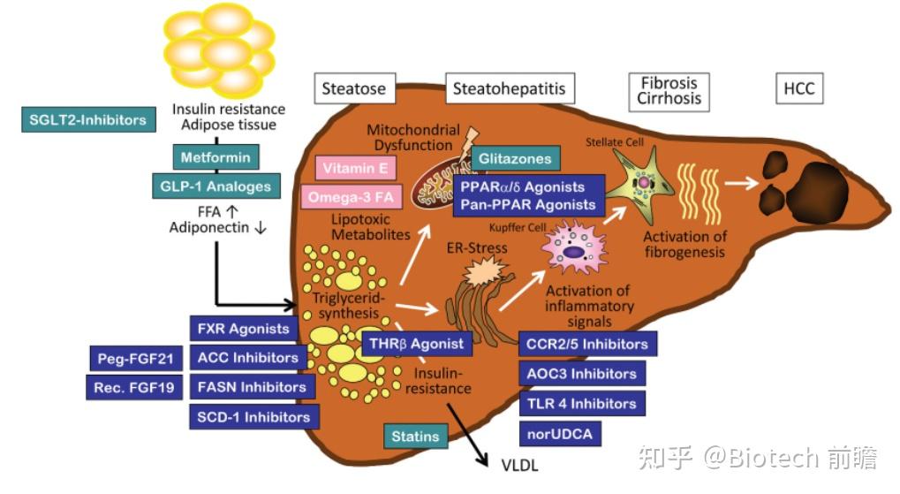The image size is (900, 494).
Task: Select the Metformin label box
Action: click(x=216, y=158)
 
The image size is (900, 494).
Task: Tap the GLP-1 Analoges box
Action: click(x=215, y=186)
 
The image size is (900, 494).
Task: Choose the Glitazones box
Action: click(x=516, y=159)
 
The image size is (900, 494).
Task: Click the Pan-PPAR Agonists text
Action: click(x=528, y=205)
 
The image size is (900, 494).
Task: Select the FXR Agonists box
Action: click(x=244, y=329)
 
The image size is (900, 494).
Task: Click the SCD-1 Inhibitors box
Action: click(x=253, y=416)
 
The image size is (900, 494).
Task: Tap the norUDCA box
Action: click(x=558, y=434)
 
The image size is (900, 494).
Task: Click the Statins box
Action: click(x=415, y=437)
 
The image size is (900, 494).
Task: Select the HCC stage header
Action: click(x=798, y=89)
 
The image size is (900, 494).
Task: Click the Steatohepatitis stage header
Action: click(x=509, y=88)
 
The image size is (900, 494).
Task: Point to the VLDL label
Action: click(x=519, y=467)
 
